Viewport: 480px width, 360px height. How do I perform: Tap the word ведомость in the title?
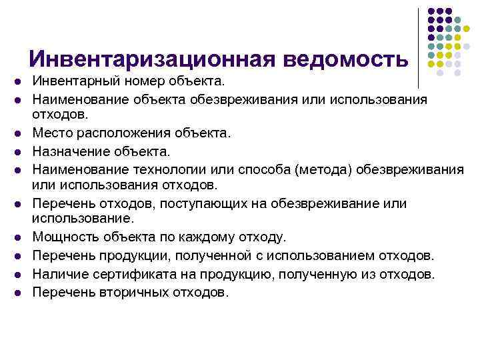[x=345, y=60]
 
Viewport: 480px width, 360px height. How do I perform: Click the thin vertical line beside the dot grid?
[x=419, y=47]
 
